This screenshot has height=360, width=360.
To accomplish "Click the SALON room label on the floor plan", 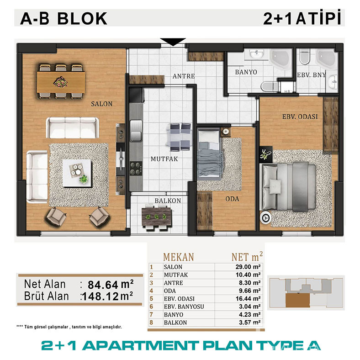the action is [x=102, y=104].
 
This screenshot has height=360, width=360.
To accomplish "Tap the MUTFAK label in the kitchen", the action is [x=164, y=159].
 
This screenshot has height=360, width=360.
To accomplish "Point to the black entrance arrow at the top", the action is [x=173, y=42].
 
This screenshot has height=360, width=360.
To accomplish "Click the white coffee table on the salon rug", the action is [x=77, y=173].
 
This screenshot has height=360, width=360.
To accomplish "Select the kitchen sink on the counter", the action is [x=136, y=131].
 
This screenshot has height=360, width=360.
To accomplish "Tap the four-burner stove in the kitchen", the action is [x=136, y=169].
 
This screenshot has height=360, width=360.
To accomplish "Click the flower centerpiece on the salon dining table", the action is [x=61, y=82].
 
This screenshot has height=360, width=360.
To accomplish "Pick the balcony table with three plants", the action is [x=157, y=217].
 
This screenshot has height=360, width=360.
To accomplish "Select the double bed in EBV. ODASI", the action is [x=288, y=187].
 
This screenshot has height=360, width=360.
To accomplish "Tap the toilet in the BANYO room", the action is [x=270, y=86].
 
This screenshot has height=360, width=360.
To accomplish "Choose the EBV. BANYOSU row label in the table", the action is [x=184, y=307].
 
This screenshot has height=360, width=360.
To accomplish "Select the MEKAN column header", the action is [x=178, y=257].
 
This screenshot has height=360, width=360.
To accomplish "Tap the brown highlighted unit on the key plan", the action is [x=298, y=300].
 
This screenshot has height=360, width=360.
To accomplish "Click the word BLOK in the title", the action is [x=82, y=19].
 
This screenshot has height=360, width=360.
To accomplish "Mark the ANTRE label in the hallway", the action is [x=184, y=76].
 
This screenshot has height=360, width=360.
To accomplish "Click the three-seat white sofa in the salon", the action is [x=72, y=127].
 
